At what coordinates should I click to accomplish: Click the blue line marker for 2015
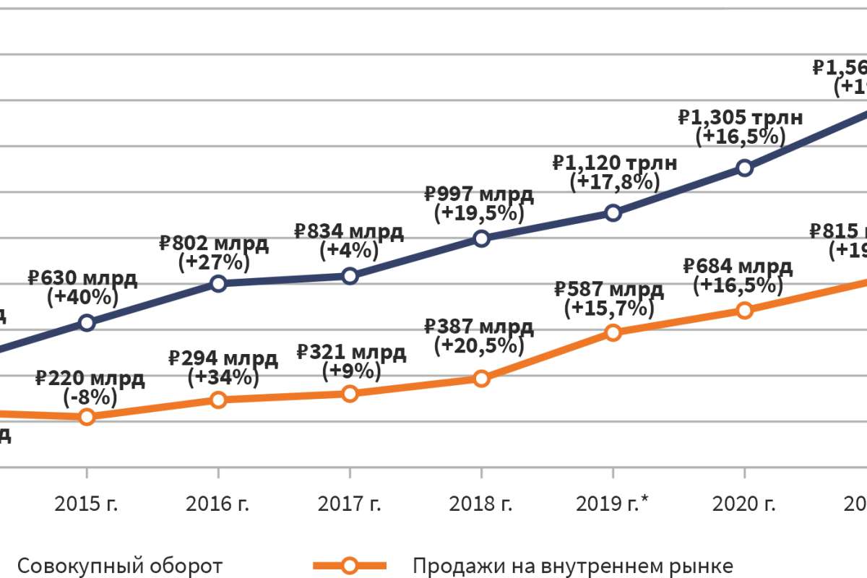tap(87, 322)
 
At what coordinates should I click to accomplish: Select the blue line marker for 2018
tap(481, 238)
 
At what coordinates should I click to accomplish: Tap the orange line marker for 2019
tap(613, 332)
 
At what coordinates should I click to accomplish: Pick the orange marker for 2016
tap(218, 400)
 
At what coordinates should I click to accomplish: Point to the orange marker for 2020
tap(744, 310)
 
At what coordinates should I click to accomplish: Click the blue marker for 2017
tap(350, 275)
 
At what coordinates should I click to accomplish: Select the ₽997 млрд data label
tap(478, 194)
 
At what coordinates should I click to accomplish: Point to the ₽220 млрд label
tap(90, 378)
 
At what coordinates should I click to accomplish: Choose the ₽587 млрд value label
tap(608, 290)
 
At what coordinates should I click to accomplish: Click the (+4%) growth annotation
tap(350, 251)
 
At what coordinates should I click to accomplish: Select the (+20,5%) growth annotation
tap(478, 345)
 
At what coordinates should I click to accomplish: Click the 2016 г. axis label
tap(218, 504)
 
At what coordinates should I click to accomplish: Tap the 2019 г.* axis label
tap(613, 504)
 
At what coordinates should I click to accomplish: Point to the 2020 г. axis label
tap(744, 504)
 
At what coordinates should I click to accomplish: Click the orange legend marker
tap(350, 565)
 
